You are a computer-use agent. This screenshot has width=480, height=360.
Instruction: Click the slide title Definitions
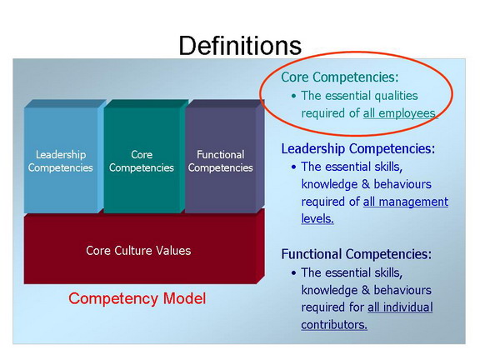[x=240, y=46]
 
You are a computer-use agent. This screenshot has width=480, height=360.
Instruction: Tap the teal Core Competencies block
[x=144, y=156]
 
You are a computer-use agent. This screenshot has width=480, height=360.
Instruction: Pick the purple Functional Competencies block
[x=224, y=156]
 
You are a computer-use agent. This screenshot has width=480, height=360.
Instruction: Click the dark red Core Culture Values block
[x=144, y=248]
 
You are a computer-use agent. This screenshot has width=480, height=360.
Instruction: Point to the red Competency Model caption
[x=137, y=298]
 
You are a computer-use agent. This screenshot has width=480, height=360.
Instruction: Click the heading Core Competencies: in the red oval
[x=340, y=77]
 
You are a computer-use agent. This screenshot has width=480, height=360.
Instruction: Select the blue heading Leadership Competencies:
[x=358, y=149]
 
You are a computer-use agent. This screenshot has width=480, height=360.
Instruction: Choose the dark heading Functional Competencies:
[x=357, y=254]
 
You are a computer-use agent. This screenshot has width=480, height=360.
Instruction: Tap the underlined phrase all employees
[x=399, y=113]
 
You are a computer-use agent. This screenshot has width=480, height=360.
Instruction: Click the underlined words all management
[x=406, y=202]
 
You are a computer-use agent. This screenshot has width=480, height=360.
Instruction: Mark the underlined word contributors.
[x=334, y=325]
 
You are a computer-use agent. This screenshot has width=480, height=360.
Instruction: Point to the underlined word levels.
[x=317, y=219]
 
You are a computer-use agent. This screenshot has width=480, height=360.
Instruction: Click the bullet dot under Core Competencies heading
[x=294, y=96]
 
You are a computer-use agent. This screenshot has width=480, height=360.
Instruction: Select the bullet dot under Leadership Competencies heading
[x=294, y=167]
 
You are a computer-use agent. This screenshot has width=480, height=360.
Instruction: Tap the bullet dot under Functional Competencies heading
[x=294, y=273]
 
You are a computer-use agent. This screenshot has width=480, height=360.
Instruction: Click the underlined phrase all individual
[x=400, y=307]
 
